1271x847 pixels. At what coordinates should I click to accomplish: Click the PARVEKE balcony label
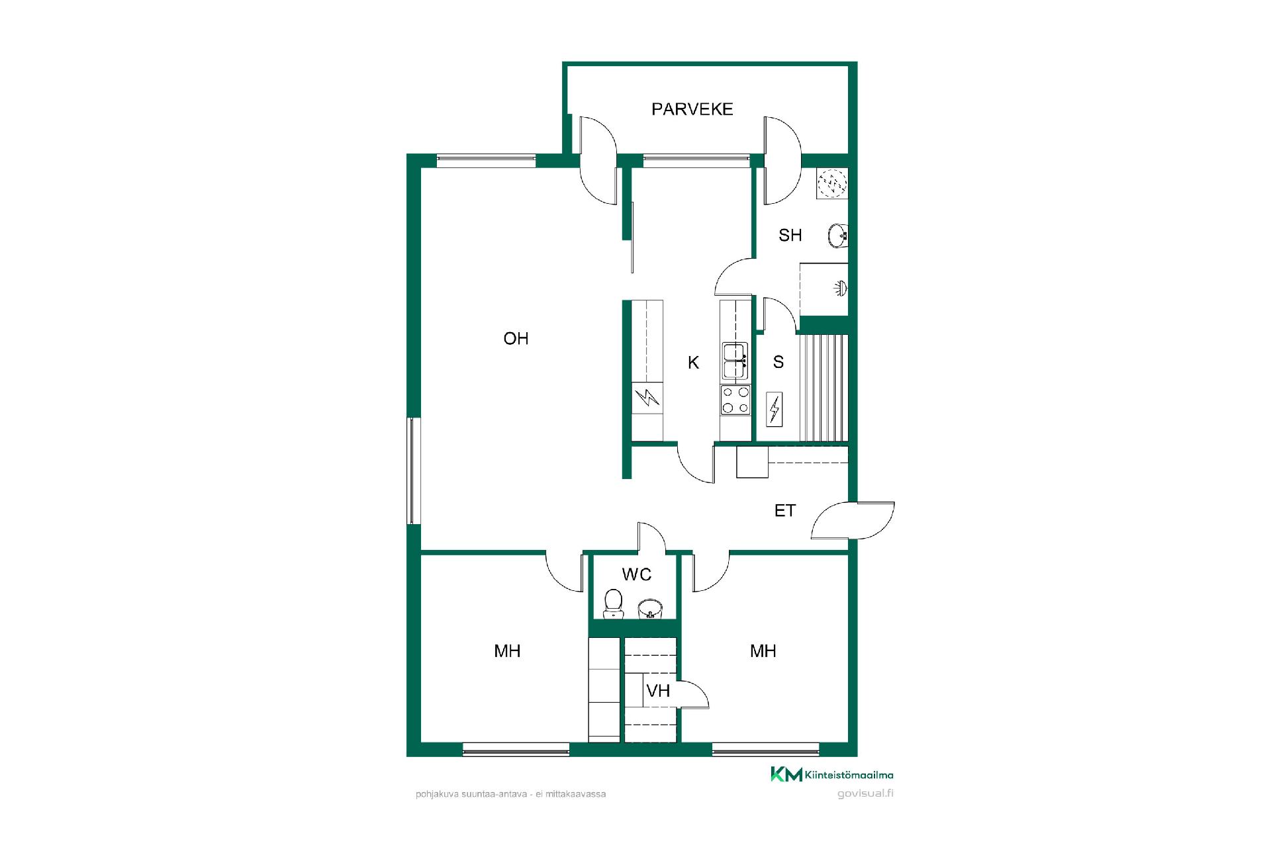692,109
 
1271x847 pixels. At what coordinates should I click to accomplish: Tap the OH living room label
516,339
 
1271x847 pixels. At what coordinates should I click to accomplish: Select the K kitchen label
693,362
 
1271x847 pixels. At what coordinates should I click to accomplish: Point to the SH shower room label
790,235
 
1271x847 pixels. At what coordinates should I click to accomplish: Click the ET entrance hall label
784,511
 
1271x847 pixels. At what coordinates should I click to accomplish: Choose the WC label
637,574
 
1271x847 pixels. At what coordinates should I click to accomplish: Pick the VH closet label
658,691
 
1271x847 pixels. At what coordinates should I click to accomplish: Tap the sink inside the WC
651,608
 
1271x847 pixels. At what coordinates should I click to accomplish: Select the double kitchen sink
735,361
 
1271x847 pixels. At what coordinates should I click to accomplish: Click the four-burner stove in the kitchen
735,400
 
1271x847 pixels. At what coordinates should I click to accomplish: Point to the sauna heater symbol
774,409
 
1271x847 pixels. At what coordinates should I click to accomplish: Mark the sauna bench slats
824,388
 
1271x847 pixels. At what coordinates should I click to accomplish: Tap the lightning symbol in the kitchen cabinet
647,398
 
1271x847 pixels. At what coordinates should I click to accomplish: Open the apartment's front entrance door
853,520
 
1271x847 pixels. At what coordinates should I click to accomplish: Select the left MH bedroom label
507,651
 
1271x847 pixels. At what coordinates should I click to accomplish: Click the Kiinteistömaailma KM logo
831,774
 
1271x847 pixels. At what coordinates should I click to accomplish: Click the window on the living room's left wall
413,470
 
